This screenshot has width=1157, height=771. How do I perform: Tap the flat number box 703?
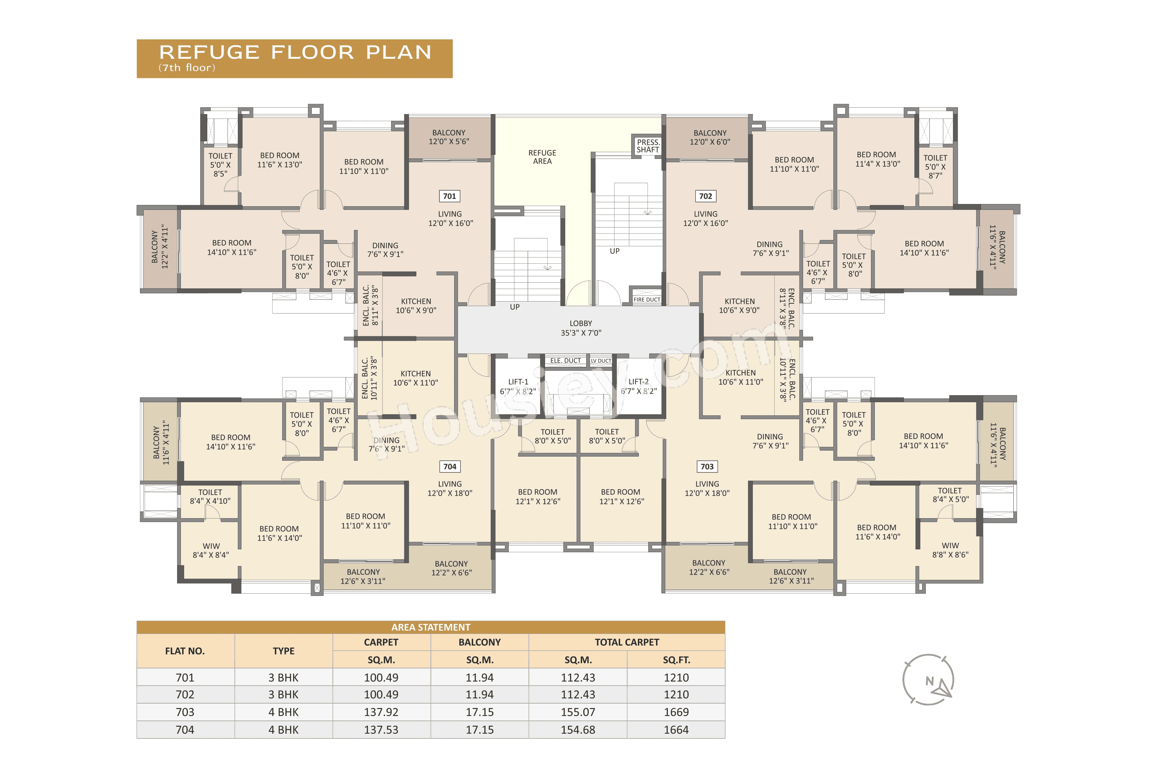(x=706, y=467)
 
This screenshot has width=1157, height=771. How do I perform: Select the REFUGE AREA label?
(x=542, y=157)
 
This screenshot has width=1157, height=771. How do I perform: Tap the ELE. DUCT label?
(x=565, y=360)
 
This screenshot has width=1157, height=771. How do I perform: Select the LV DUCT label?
(x=601, y=361)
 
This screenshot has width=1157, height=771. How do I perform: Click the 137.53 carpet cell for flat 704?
(x=381, y=730)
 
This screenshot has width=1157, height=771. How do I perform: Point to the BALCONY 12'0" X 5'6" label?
(x=449, y=137)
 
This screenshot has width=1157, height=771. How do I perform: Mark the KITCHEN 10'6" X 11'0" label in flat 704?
(x=415, y=378)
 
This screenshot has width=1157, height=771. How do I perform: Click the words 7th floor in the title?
(x=187, y=68)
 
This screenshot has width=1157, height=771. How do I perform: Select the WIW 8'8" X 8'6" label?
(x=950, y=550)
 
